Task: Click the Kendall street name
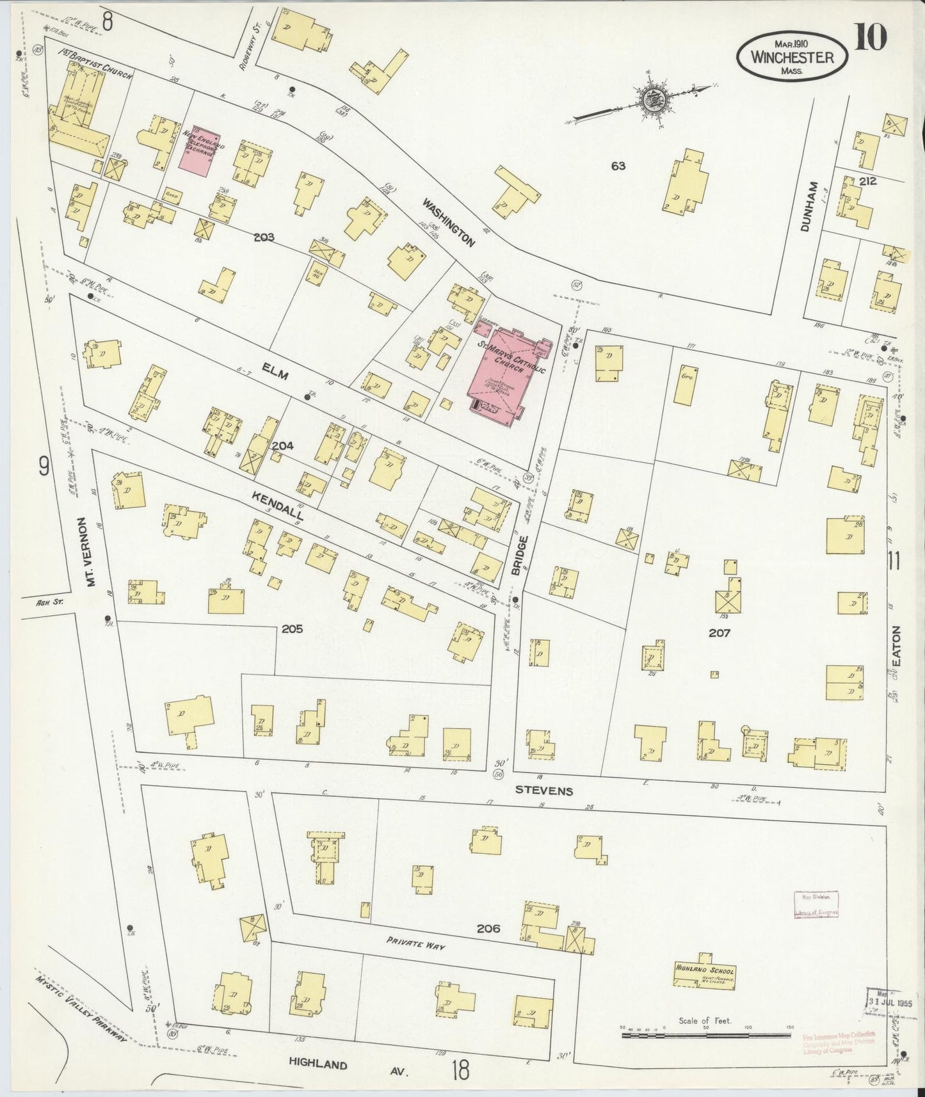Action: tap(277, 506)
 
